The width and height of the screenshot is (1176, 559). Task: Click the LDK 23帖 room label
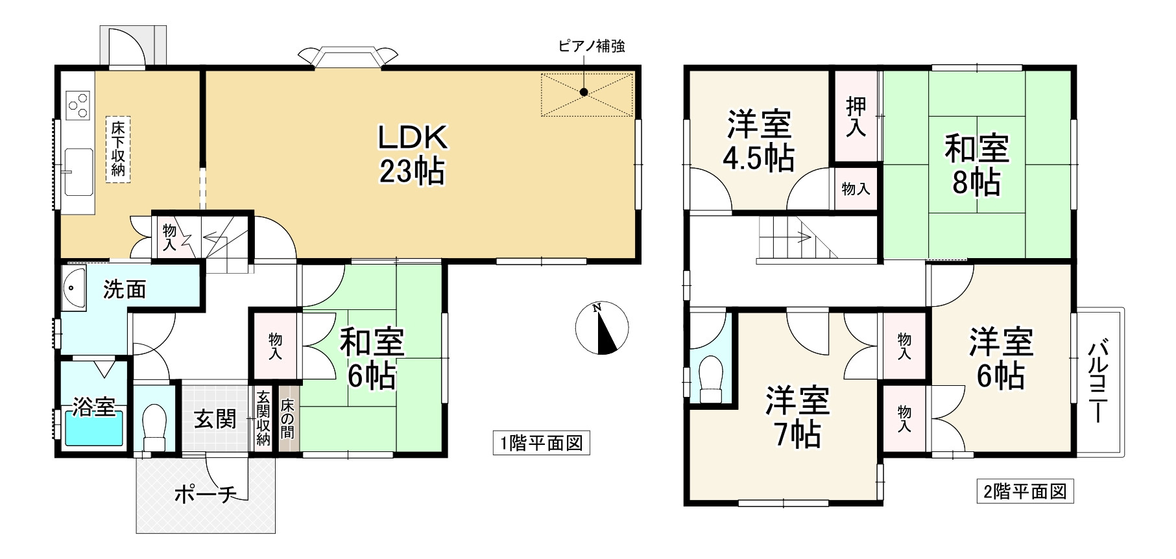click(413, 154)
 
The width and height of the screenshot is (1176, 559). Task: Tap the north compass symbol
click(602, 328)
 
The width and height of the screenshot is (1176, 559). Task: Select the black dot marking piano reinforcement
click(584, 92)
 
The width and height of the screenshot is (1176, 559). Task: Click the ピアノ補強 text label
click(592, 47)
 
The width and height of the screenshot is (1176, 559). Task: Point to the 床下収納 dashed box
click(118, 149)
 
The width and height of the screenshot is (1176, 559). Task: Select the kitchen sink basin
click(78, 171)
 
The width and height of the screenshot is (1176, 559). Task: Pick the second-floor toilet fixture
click(712, 380)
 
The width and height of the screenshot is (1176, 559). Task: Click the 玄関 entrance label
click(215, 419)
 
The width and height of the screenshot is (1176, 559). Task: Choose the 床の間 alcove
click(287, 419)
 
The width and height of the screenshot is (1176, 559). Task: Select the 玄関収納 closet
click(263, 419)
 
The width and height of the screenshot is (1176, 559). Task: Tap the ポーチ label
click(204, 495)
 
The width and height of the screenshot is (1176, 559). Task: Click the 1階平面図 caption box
click(541, 444)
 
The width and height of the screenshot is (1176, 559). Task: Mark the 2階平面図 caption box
click(1025, 492)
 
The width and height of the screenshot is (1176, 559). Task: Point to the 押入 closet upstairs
click(856, 117)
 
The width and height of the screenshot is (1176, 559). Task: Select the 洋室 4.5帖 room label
click(759, 141)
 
